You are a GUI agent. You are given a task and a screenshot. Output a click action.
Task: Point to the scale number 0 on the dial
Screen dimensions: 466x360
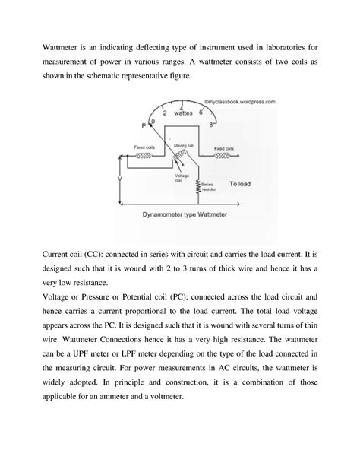(x=153, y=121)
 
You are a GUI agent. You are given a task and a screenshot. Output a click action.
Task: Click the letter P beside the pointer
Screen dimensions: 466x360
(x=144, y=125)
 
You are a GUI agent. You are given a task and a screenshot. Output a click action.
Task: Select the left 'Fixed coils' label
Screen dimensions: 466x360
(x=144, y=148)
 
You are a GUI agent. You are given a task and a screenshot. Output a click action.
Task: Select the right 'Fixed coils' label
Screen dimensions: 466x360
(x=223, y=148)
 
